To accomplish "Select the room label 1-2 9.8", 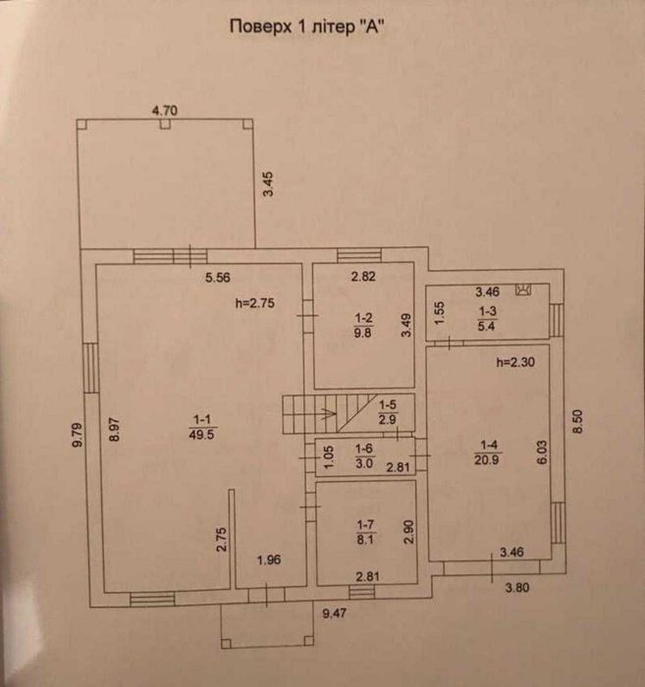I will tap(363, 324).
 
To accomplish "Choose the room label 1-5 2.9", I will tap(388, 412).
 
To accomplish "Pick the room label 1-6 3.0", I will tap(363, 457).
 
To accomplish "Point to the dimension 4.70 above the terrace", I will tap(164, 111).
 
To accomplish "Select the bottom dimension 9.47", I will tap(337, 614).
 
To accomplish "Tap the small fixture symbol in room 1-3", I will tap(522, 290).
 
